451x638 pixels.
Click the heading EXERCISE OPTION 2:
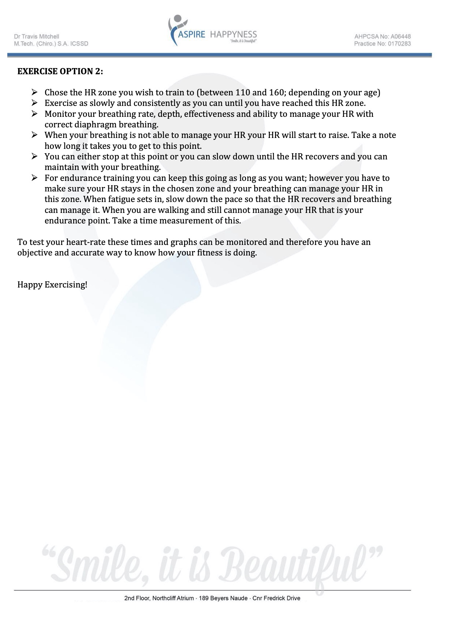[x=60, y=71]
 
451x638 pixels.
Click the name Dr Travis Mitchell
[x=36, y=36]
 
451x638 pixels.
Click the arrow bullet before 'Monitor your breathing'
[x=35, y=114]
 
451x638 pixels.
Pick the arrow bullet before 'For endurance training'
[x=35, y=178]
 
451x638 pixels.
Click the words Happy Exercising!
[x=52, y=285]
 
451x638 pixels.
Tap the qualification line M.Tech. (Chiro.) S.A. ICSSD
[x=51, y=44]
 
